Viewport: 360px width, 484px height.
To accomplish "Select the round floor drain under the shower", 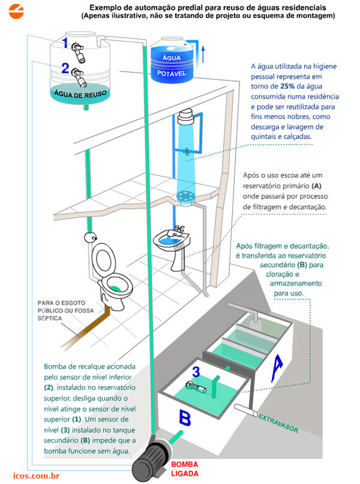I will [x=186, y=196].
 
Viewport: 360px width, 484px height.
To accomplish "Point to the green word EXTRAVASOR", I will [x=281, y=425].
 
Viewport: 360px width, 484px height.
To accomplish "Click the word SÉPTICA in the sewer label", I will [x=49, y=318].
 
